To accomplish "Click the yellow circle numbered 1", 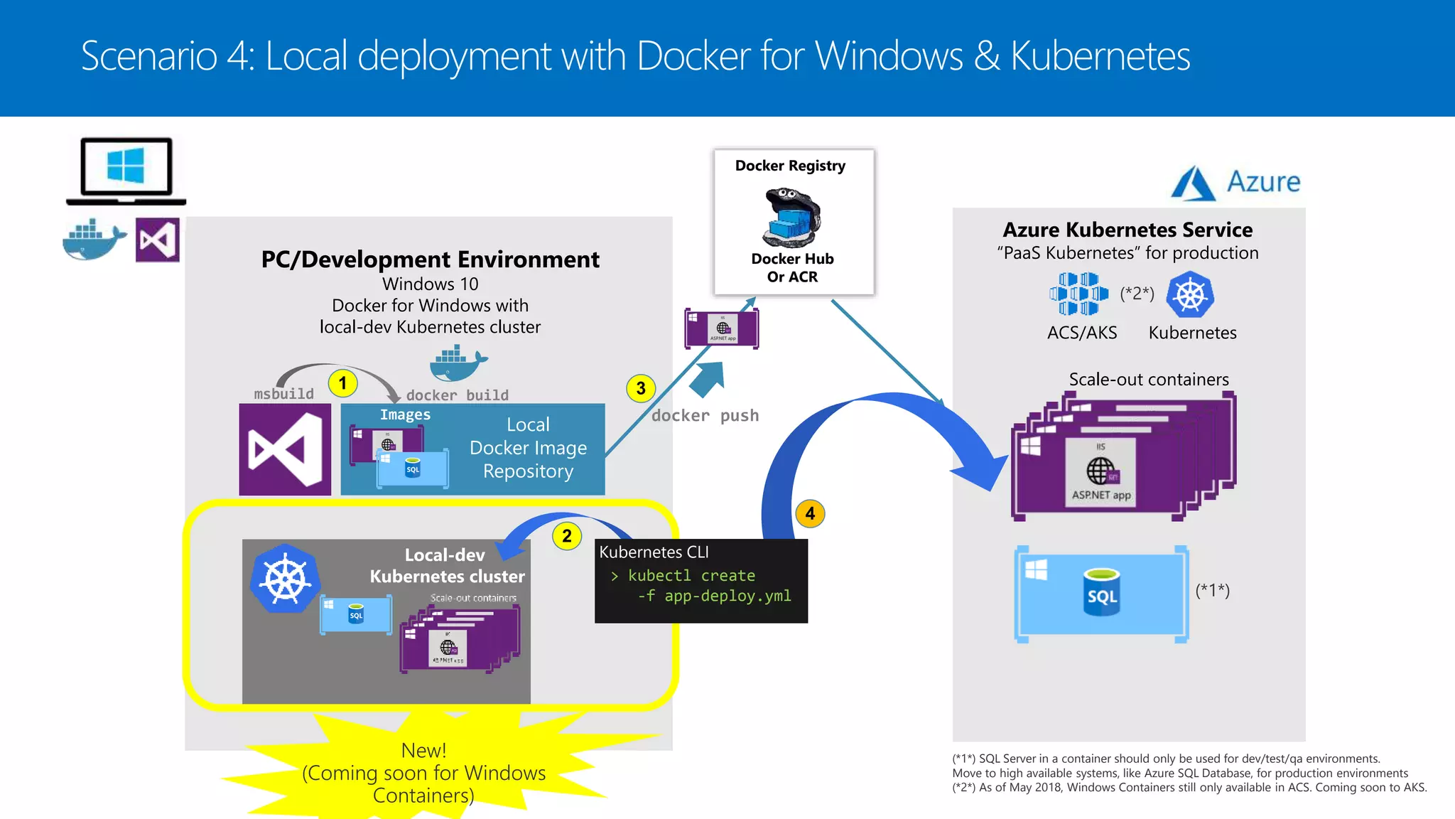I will tap(342, 384).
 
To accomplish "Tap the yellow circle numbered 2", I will tap(567, 536).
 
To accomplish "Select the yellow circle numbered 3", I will tap(641, 388).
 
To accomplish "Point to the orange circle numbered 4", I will tap(810, 513).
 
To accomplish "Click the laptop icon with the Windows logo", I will tap(126, 171).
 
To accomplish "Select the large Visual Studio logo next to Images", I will tap(285, 449).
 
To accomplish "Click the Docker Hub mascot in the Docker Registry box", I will tap(791, 217).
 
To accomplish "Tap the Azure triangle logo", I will tap(1193, 183).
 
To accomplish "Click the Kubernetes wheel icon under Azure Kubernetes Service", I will tap(1191, 294).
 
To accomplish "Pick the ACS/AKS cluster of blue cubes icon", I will tap(1078, 294).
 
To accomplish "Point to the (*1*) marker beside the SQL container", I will tap(1212, 590).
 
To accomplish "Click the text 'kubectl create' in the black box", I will tap(691, 575).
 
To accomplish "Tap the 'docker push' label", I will tap(705, 415).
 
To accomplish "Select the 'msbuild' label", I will tap(283, 393).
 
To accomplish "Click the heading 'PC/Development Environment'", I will tap(430, 259).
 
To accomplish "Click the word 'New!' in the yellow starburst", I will tap(423, 750).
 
